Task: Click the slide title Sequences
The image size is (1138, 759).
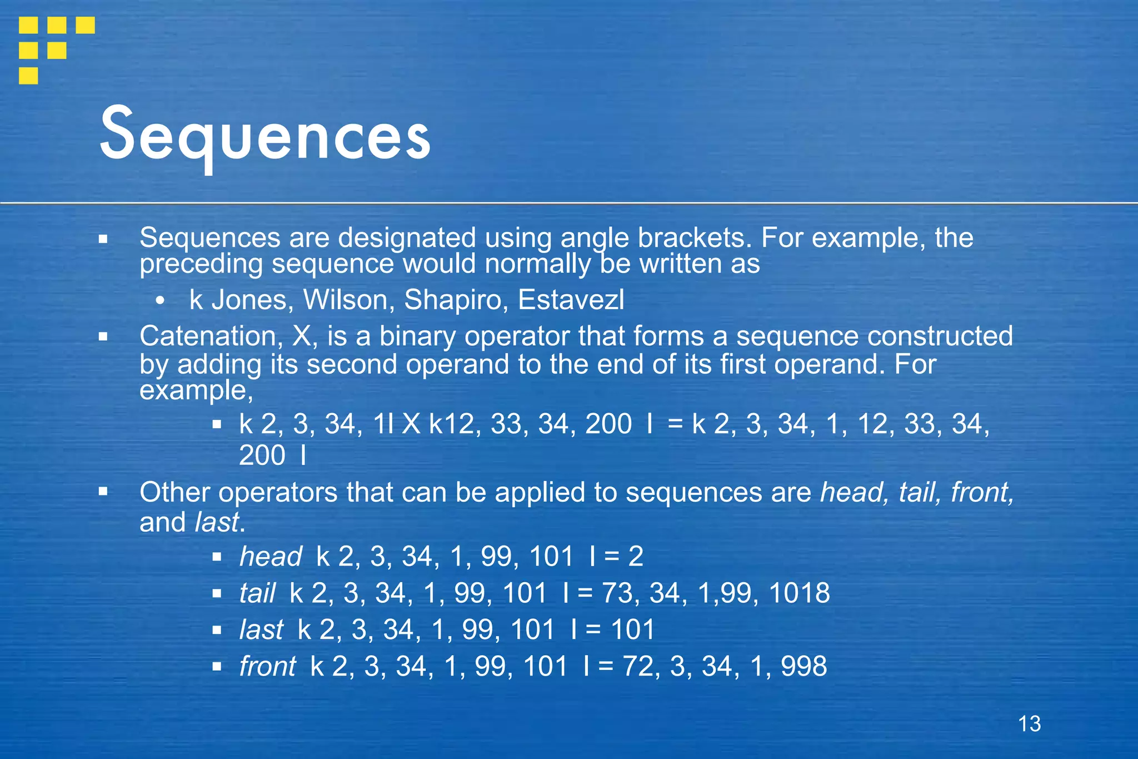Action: pyautogui.click(x=265, y=135)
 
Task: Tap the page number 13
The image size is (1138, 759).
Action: pyautogui.click(x=1029, y=723)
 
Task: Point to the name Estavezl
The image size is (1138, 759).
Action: pyautogui.click(x=571, y=300)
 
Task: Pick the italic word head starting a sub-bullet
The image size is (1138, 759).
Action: pyautogui.click(x=271, y=556)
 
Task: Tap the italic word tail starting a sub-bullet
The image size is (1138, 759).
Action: pyautogui.click(x=257, y=593)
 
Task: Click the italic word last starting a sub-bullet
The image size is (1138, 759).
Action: pyautogui.click(x=261, y=629)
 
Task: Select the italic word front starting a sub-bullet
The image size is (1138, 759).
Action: pyautogui.click(x=267, y=666)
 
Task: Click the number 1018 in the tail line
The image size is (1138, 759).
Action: pyautogui.click(x=799, y=593)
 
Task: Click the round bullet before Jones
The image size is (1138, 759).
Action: pyautogui.click(x=161, y=301)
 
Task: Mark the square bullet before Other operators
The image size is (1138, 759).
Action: pyautogui.click(x=103, y=492)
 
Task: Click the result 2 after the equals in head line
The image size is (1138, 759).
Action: pyautogui.click(x=636, y=556)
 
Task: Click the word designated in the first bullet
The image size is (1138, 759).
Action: pyautogui.click(x=407, y=238)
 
